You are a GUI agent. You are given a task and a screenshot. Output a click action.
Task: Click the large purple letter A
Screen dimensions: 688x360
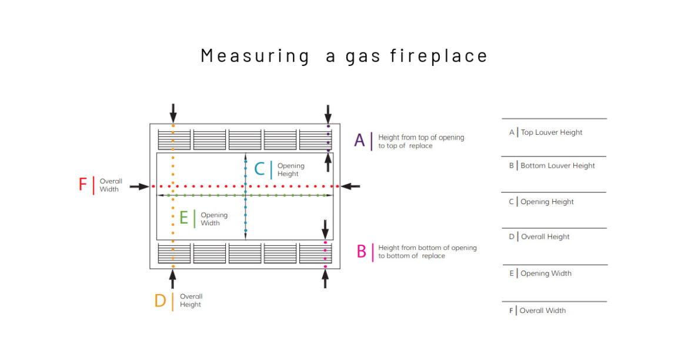click(x=359, y=141)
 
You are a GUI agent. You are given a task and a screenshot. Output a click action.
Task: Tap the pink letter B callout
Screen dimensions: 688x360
click(x=362, y=252)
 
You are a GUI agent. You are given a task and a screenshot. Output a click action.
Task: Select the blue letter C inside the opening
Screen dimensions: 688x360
click(x=259, y=169)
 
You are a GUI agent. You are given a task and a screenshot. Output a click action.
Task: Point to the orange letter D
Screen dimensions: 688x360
click(x=160, y=301)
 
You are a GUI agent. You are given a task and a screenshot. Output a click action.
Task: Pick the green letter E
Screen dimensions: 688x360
click(x=184, y=218)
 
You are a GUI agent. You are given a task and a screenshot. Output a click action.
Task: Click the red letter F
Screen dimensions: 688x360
click(x=82, y=184)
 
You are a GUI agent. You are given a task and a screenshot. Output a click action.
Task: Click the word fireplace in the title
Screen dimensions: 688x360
click(x=439, y=56)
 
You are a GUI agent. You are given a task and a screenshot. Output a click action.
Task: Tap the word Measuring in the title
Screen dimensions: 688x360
click(x=255, y=56)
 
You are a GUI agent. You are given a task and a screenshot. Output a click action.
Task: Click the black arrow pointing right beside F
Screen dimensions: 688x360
click(x=139, y=186)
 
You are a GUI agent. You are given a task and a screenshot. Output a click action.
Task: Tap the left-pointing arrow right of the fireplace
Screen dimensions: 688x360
click(x=350, y=186)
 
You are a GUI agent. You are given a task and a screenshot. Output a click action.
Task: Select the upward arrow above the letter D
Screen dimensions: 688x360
click(x=173, y=279)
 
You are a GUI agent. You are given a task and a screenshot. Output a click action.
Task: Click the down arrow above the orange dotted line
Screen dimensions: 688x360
click(x=173, y=114)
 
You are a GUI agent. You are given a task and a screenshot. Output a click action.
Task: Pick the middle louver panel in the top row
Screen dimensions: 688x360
click(x=245, y=139)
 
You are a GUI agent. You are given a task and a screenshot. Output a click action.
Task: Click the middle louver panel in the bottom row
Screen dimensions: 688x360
click(x=245, y=254)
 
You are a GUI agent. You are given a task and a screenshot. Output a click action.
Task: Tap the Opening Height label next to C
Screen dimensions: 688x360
click(x=291, y=170)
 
